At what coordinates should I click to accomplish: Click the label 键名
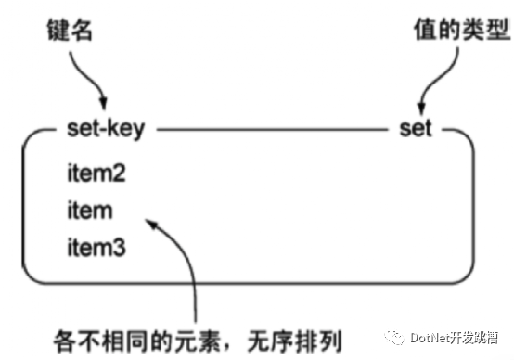[70, 31]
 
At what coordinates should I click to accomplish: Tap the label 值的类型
[461, 29]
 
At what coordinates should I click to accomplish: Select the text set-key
[106, 129]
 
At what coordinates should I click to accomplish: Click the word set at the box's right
[416, 128]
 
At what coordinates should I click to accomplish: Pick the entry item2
[96, 173]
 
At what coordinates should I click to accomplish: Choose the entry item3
[96, 247]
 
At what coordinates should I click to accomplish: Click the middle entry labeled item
[90, 210]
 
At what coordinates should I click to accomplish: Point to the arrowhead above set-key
[104, 103]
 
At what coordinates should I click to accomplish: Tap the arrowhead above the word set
[421, 108]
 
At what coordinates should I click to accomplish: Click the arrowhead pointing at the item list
[151, 225]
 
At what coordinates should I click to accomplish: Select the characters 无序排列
[295, 341]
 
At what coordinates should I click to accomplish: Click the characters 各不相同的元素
[137, 341]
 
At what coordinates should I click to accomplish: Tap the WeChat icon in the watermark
[394, 338]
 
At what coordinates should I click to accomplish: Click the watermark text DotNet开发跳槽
[455, 338]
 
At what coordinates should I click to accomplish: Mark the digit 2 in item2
[119, 173]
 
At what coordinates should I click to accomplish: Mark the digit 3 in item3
[119, 247]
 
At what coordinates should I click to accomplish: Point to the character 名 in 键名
[82, 31]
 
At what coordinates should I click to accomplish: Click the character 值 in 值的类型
[426, 29]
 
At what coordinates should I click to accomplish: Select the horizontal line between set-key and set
[272, 130]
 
